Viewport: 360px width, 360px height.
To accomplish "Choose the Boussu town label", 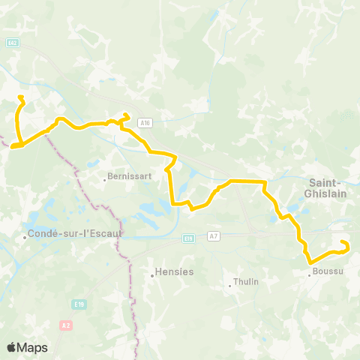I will pyautogui.click(x=328, y=271).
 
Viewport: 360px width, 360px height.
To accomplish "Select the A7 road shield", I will pyautogui.click(x=214, y=236).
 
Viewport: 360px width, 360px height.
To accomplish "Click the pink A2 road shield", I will pyautogui.click(x=64, y=325).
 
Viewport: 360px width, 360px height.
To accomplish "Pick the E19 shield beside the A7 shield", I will pyautogui.click(x=188, y=239).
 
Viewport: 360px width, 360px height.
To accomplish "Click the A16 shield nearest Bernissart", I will pyautogui.click(x=145, y=123).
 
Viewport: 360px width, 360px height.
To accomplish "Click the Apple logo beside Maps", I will pyautogui.click(x=12, y=347).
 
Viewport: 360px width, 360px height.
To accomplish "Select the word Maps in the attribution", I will pyautogui.click(x=32, y=347).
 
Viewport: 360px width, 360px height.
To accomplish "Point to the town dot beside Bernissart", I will pyautogui.click(x=104, y=179).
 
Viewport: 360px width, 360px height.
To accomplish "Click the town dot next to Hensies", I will pyautogui.click(x=152, y=274).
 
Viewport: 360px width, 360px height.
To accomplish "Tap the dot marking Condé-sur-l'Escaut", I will pyautogui.click(x=25, y=237).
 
